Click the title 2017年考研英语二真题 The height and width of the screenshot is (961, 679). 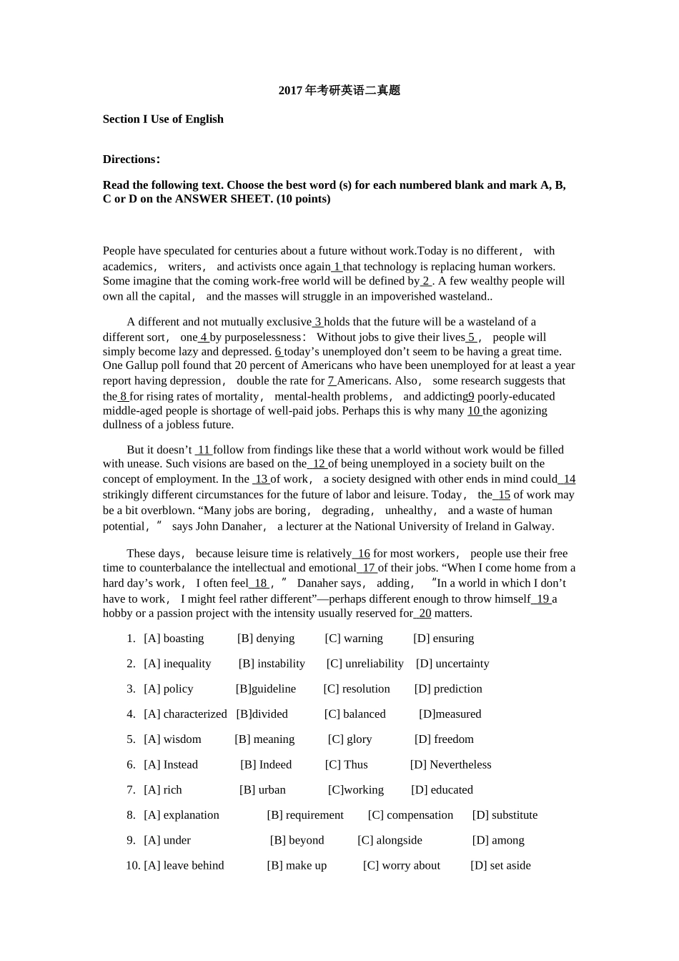click(339, 91)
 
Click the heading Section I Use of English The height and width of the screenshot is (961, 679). click(163, 119)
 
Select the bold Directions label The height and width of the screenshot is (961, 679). click(131, 159)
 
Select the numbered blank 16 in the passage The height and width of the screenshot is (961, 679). click(363, 553)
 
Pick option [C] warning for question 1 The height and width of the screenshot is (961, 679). click(354, 639)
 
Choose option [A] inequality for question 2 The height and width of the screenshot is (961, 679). click(177, 664)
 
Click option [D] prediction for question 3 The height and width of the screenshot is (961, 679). click(448, 689)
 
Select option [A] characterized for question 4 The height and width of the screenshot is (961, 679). click(185, 714)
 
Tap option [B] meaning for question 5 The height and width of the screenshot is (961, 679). click(264, 739)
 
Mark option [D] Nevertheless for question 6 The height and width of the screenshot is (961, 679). click(450, 765)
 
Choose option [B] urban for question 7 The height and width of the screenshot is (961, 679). click(262, 790)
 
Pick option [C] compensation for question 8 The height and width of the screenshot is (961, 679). click(410, 815)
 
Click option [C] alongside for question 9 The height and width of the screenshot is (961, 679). click(390, 841)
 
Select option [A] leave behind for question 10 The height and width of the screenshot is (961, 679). click(184, 866)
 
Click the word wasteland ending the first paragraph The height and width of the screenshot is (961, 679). click(465, 297)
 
